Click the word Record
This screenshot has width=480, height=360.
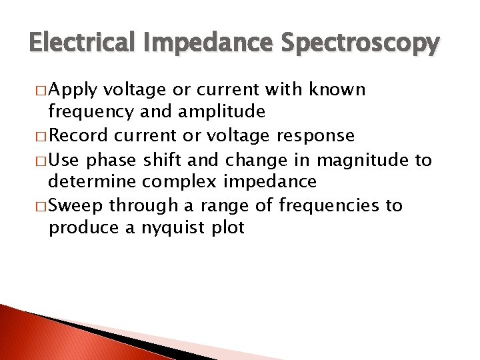tap(77, 135)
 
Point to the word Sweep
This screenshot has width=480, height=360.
tap(76, 205)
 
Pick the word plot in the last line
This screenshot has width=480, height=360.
tap(227, 229)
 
